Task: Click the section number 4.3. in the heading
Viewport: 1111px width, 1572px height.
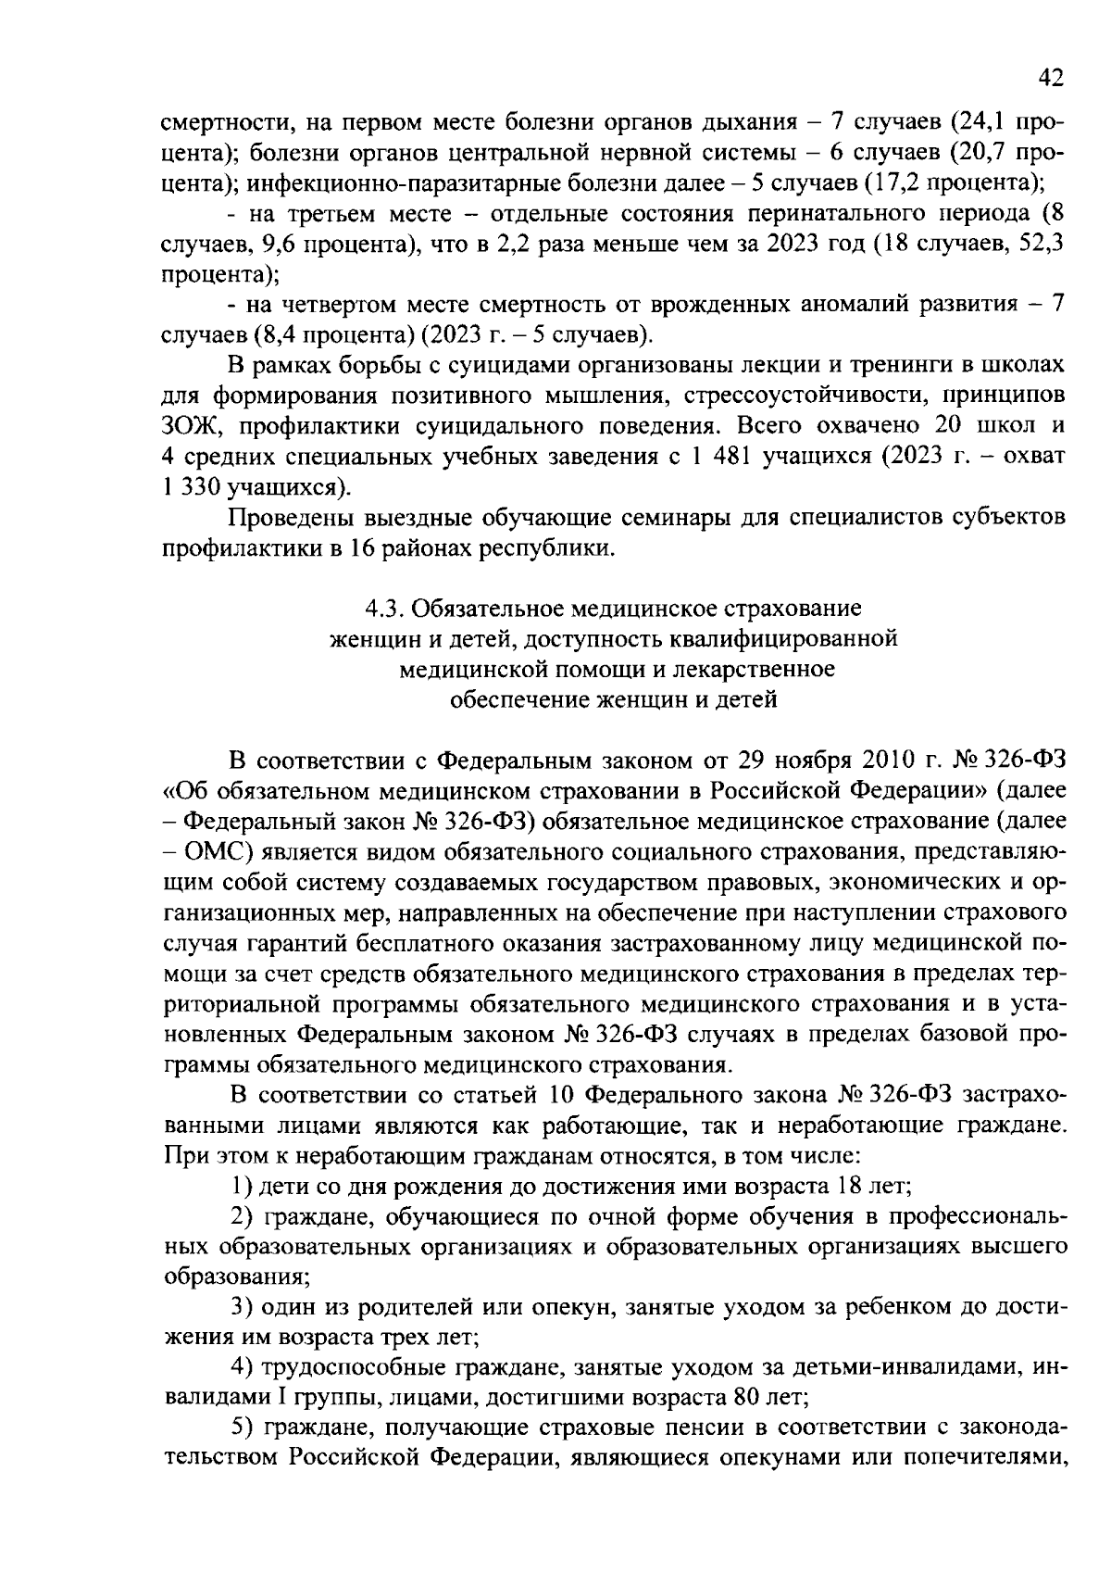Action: [384, 609]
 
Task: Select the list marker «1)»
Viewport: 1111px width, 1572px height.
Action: [242, 1187]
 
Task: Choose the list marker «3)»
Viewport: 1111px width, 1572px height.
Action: [242, 1308]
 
